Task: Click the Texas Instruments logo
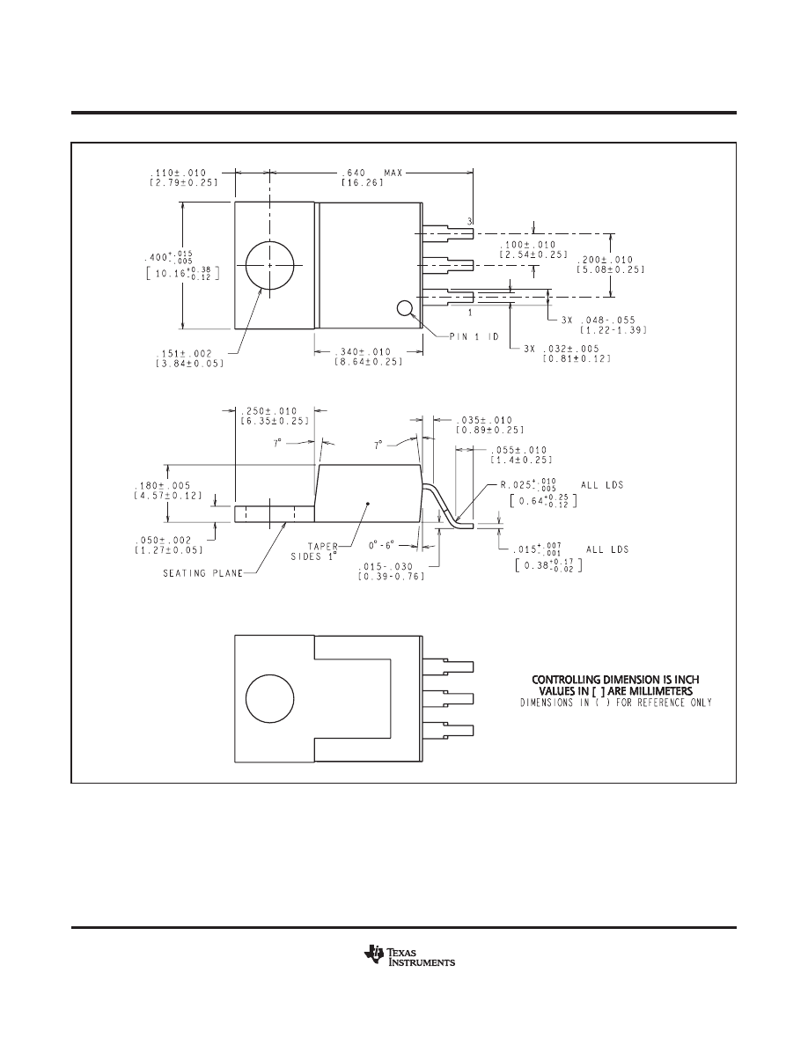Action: point(408,957)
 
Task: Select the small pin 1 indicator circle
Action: point(405,308)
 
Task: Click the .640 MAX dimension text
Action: point(371,173)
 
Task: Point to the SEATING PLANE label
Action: point(203,573)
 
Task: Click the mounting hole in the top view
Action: point(272,265)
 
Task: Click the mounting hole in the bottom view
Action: point(272,700)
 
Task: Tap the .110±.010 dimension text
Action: point(179,173)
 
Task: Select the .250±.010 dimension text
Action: point(273,409)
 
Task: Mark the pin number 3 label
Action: point(471,220)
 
